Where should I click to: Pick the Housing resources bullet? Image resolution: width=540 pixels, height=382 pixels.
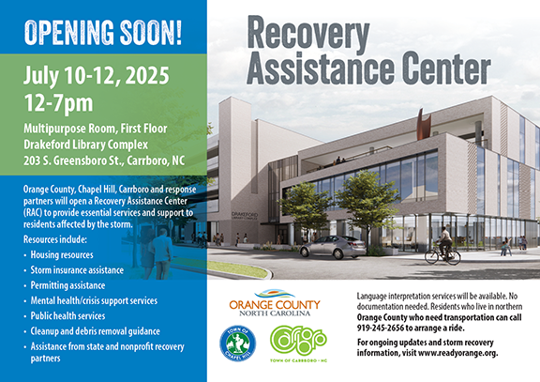click(x=69, y=254)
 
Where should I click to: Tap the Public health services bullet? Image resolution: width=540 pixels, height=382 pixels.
click(x=75, y=316)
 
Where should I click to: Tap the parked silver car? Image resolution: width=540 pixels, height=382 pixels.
click(x=332, y=246)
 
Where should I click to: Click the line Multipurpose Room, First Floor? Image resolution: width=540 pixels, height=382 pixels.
click(x=104, y=127)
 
